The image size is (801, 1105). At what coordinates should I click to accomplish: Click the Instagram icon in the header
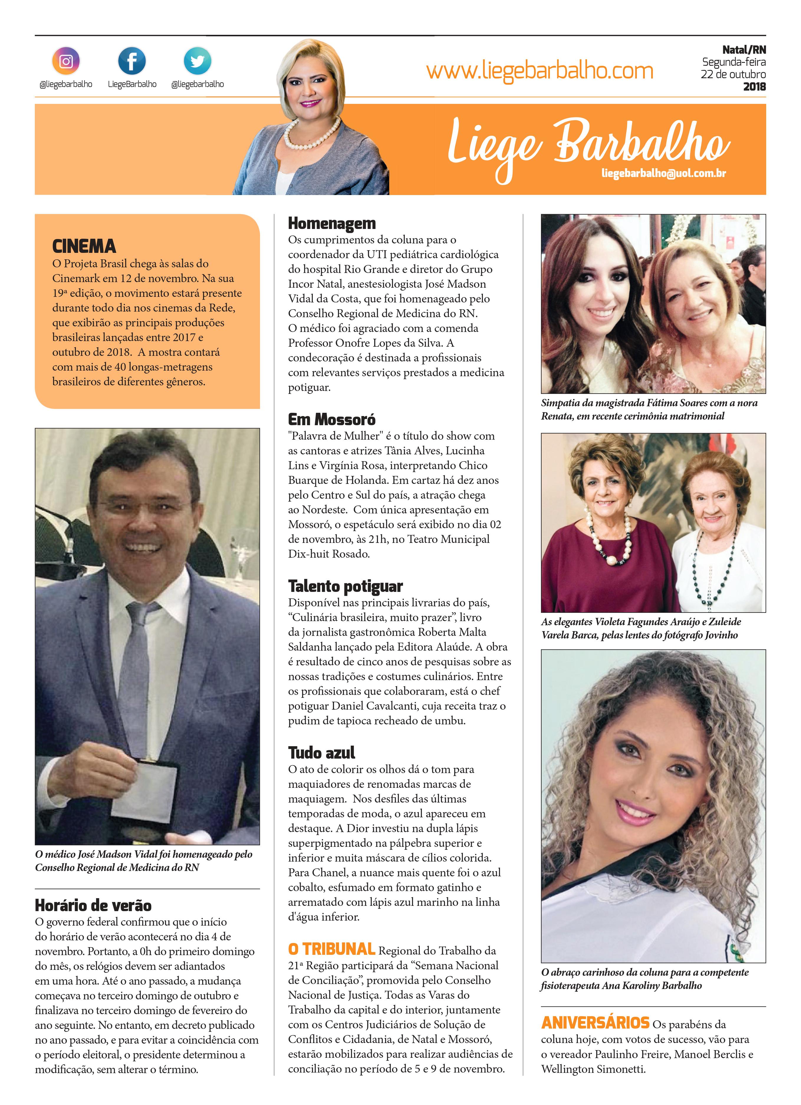point(66,61)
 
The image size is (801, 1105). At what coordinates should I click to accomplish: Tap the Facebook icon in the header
point(132,61)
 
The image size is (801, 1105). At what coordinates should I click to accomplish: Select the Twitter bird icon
point(197,61)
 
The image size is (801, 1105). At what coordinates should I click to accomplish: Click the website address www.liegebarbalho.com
point(540,71)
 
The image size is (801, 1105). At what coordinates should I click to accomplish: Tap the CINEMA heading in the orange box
point(84,247)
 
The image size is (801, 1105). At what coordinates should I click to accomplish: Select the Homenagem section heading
point(332,224)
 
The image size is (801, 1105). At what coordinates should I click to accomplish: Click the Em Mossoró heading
point(332,420)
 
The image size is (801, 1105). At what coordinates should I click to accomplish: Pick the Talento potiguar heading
point(345,586)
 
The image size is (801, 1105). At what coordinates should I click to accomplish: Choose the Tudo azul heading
point(321,753)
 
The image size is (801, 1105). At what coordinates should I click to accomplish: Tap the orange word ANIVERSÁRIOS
point(595,1022)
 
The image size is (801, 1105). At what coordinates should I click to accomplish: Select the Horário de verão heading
point(93,905)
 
